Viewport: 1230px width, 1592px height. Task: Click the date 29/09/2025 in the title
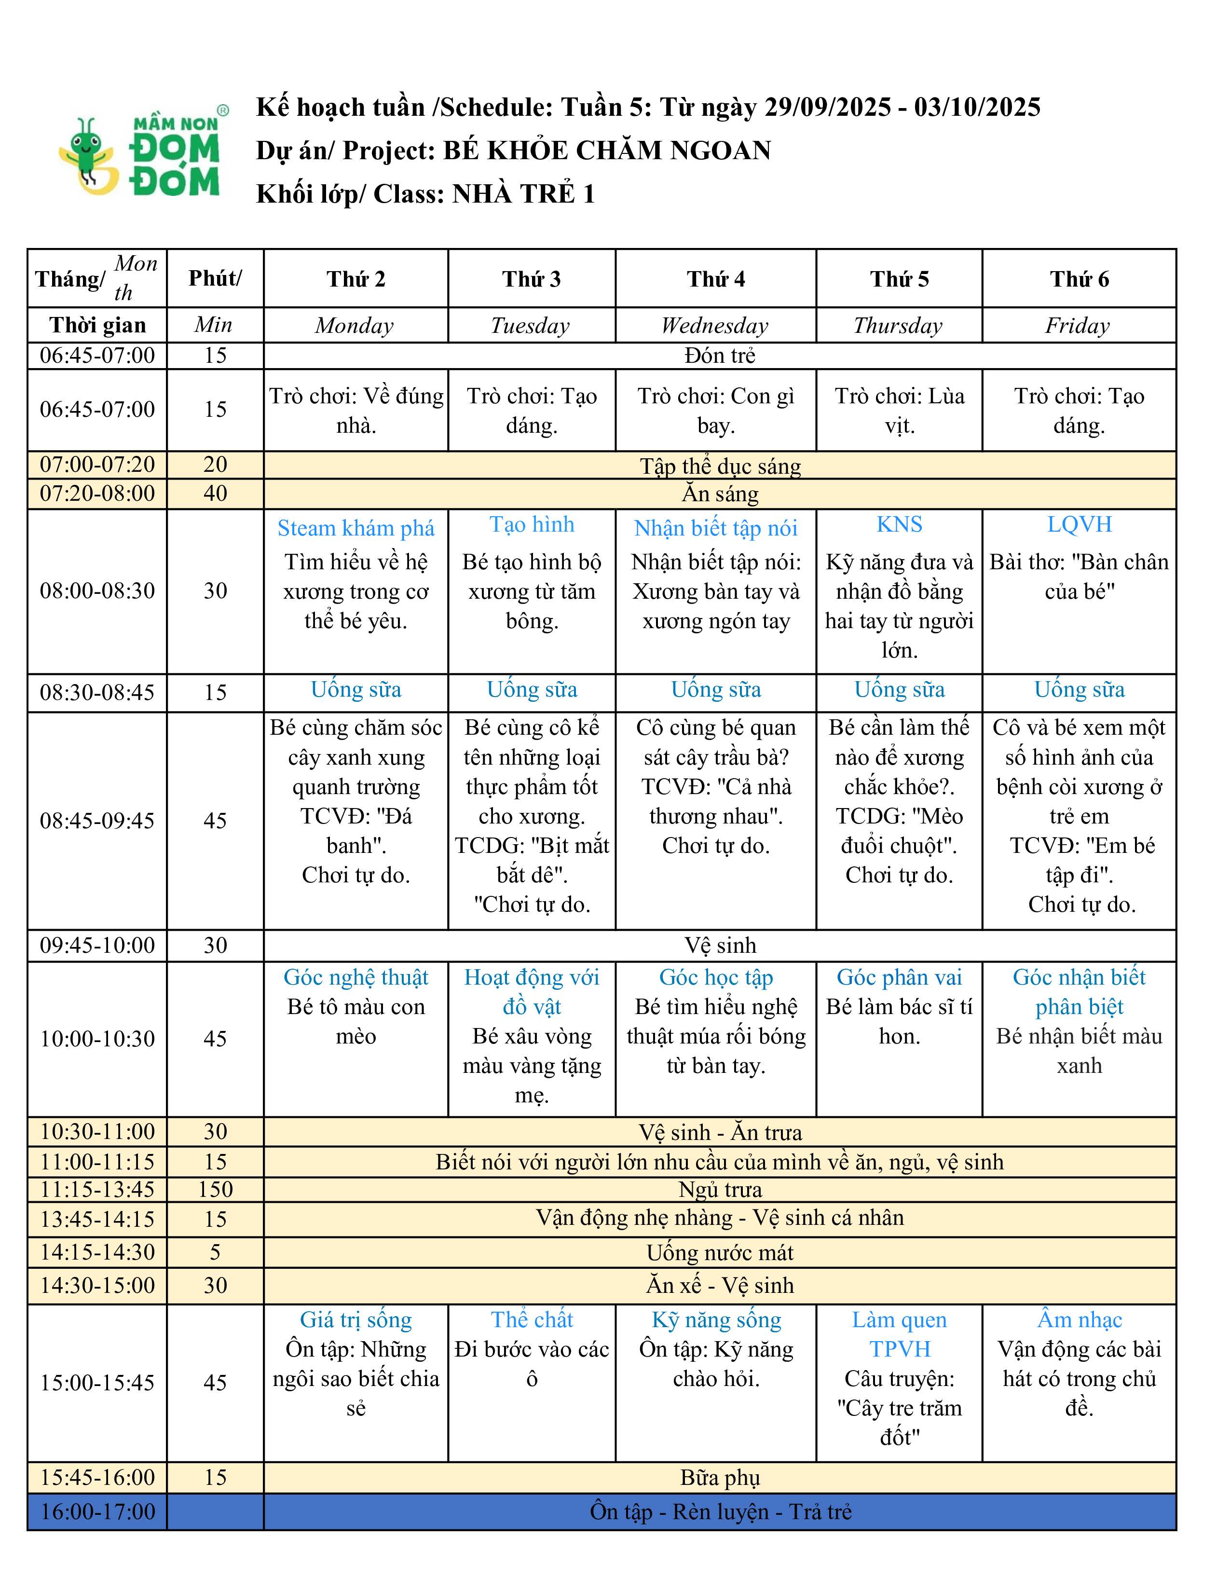[x=827, y=107]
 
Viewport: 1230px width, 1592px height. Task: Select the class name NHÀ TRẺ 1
[x=523, y=194]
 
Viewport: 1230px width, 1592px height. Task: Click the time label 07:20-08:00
[x=97, y=494]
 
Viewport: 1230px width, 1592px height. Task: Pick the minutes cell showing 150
[x=215, y=1189]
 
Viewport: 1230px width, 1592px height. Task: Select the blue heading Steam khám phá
[x=355, y=528]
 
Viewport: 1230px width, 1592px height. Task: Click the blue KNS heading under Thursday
[x=899, y=524]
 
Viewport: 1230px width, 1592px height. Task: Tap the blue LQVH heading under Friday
[x=1079, y=524]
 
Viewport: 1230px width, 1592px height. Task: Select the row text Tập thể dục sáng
[x=720, y=466]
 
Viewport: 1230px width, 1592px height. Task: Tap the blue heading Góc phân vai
[x=899, y=977]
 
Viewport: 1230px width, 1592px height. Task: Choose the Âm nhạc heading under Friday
[x=1079, y=1319]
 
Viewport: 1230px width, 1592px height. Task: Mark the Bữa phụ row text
[x=720, y=1478]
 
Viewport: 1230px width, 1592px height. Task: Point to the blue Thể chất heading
[x=532, y=1319]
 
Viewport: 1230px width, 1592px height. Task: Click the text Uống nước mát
[x=720, y=1252]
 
